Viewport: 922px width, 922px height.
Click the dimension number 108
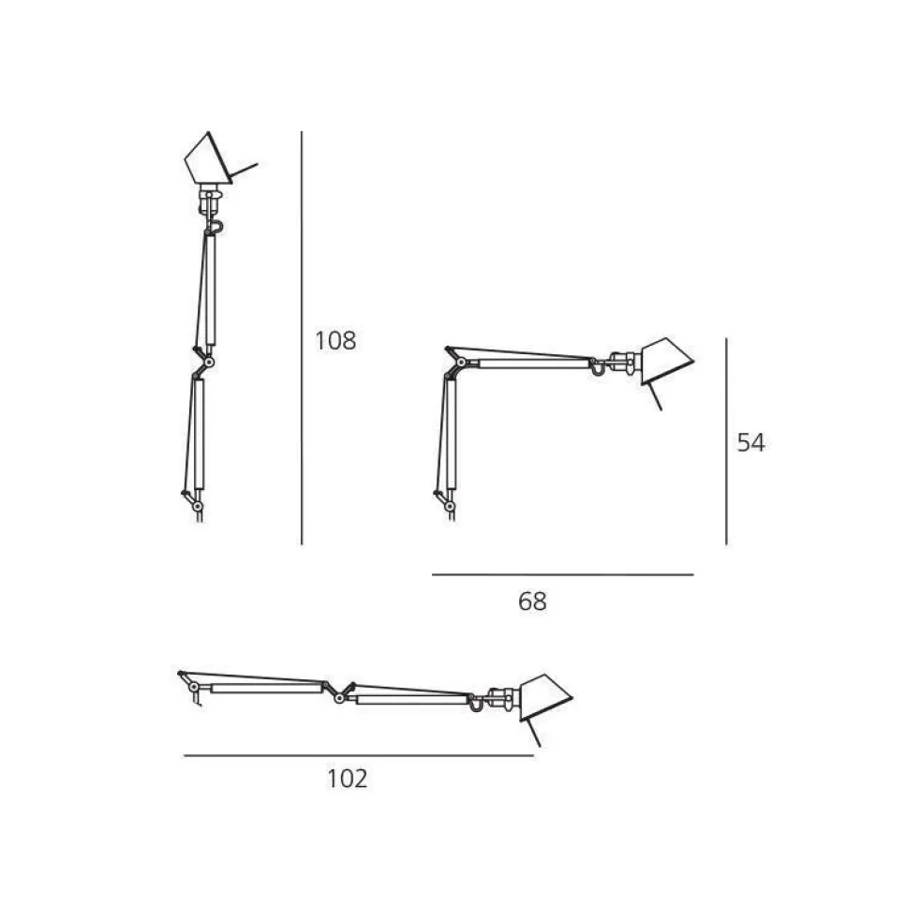(335, 341)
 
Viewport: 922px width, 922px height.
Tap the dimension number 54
(751, 443)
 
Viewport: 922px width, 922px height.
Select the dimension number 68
(532, 602)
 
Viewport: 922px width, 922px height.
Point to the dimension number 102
(347, 778)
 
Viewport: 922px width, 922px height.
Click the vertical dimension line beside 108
(302, 337)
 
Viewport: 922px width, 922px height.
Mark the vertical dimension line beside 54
(726, 441)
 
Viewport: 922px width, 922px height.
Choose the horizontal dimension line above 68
(562, 574)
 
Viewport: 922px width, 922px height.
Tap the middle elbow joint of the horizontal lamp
(341, 691)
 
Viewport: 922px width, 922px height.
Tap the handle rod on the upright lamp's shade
(244, 171)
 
